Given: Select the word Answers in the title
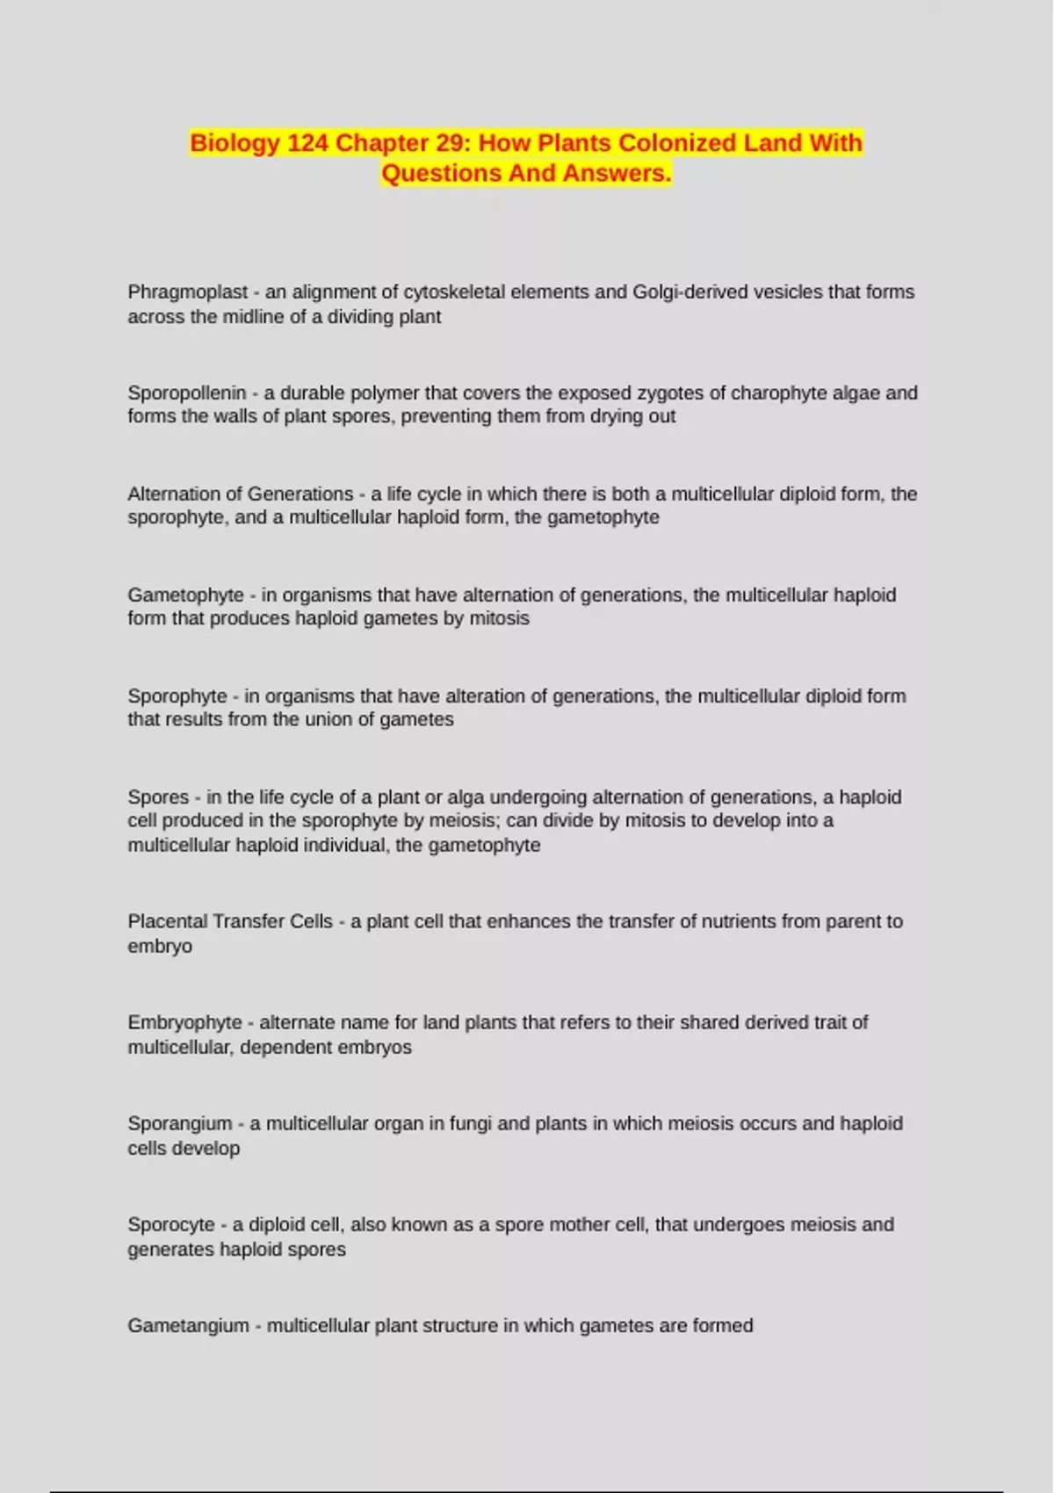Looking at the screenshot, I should pos(617,173).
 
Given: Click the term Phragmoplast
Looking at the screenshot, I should pos(187,292).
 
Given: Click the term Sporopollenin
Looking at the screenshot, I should pos(186,393).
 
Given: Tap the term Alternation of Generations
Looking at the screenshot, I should pos(240,494).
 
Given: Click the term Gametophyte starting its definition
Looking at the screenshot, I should pos(185,595).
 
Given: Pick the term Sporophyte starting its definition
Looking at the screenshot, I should pos(177,696).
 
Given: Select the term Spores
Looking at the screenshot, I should pos(158,797).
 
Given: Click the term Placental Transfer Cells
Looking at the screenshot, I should pos(230,922).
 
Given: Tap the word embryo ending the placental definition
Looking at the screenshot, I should pos(160,947).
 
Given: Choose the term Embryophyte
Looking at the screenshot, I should pos(184,1023).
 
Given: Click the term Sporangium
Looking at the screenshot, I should pos(179,1124).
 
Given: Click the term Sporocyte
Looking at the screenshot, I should pos(171,1225).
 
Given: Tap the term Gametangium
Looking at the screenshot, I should pos(188,1326).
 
